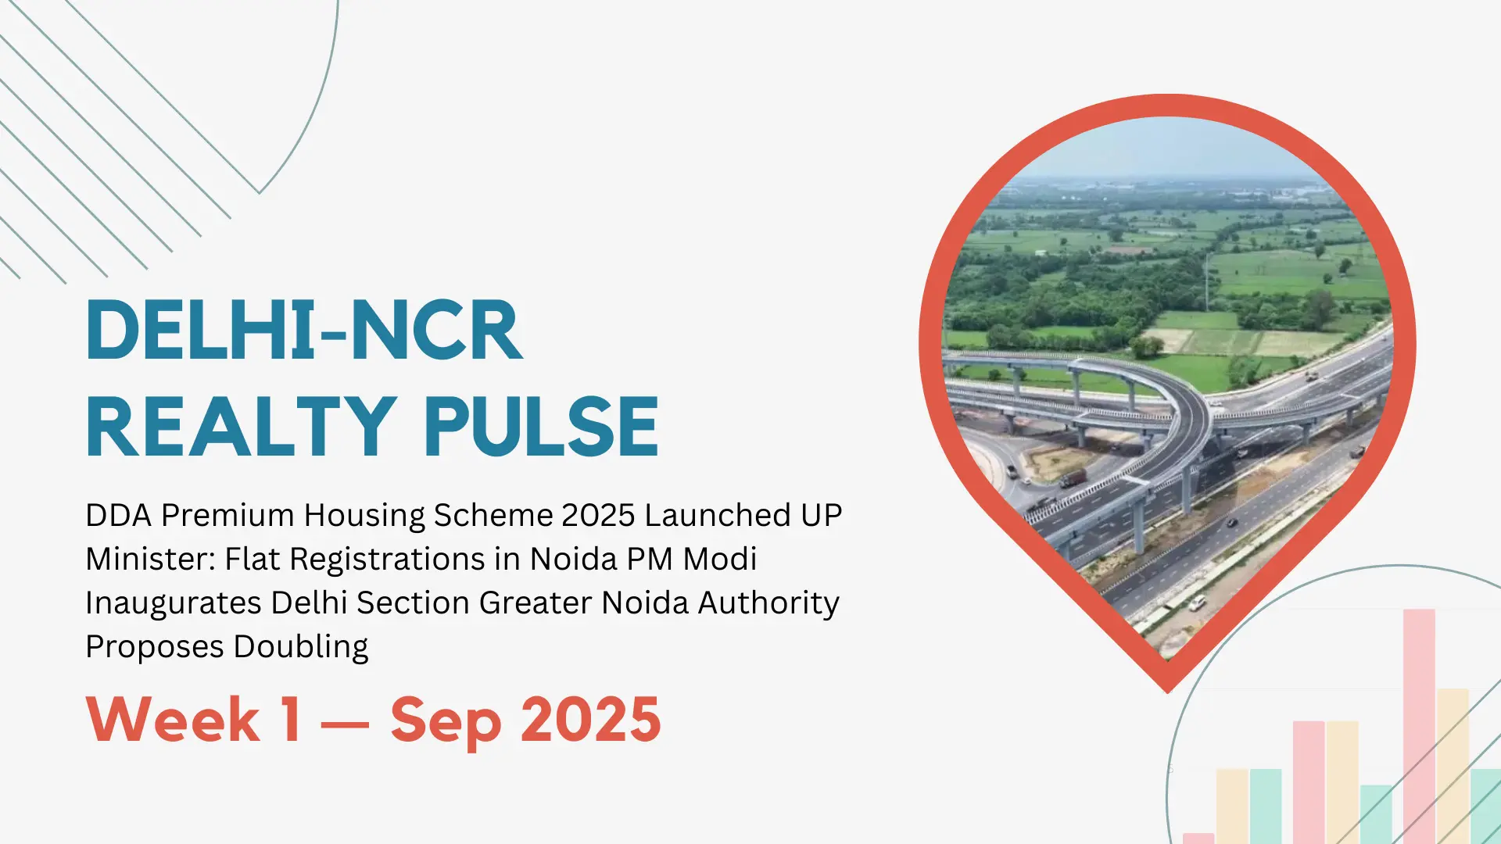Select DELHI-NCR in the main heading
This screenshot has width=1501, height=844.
[x=304, y=330]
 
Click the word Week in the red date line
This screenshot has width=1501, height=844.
[x=173, y=720]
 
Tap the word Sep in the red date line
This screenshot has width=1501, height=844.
[x=446, y=723]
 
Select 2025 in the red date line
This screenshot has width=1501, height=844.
[x=591, y=720]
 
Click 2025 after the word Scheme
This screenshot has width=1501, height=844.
[x=598, y=516]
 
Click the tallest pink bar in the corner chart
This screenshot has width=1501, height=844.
[x=1419, y=727]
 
